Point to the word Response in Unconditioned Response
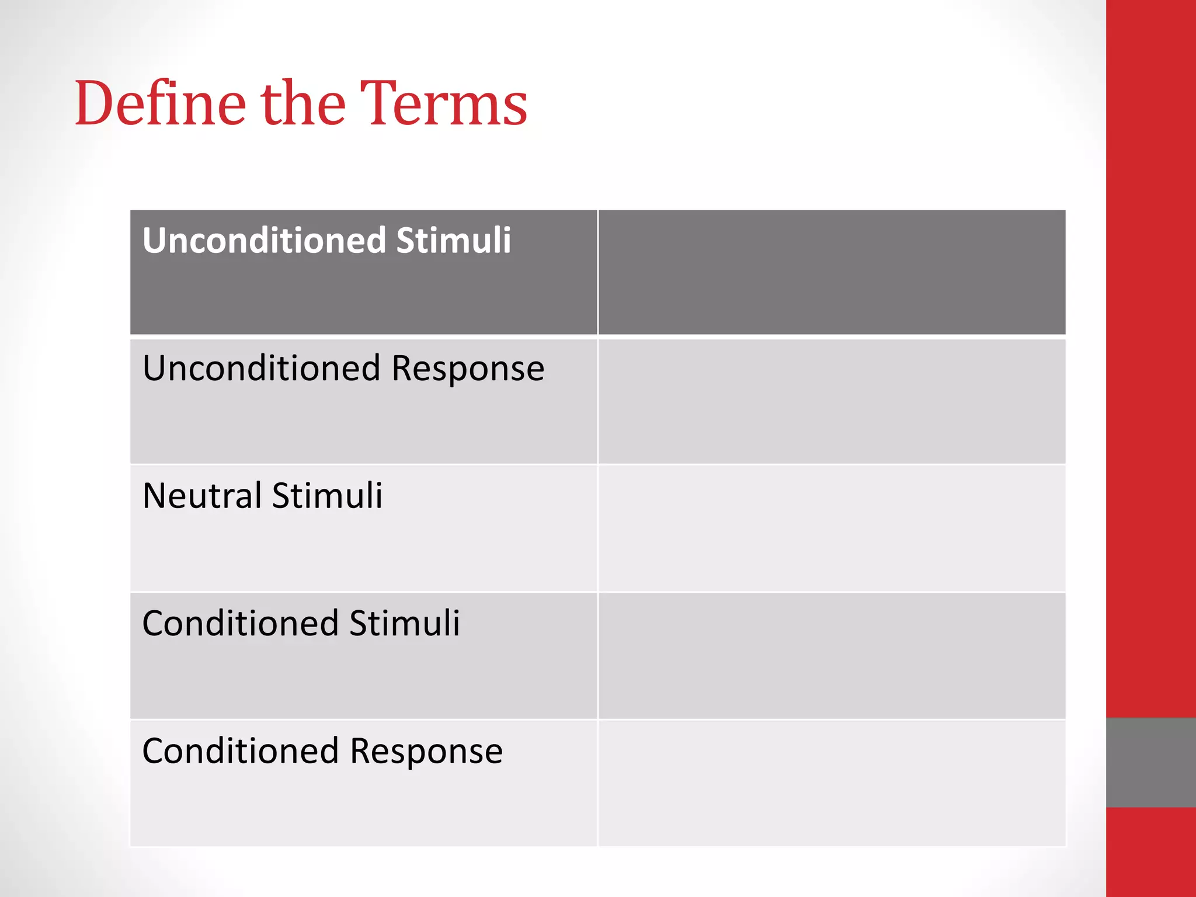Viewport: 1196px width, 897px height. coord(468,368)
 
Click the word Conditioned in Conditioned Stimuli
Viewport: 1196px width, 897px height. coord(241,623)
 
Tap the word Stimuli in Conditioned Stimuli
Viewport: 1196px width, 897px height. coord(405,623)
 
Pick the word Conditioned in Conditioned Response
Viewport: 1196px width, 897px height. coord(241,751)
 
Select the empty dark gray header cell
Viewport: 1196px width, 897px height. coord(832,272)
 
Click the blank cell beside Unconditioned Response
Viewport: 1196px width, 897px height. coord(832,402)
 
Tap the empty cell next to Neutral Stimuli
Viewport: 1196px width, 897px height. coord(832,529)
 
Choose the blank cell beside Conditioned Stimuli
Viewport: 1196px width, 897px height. coord(832,656)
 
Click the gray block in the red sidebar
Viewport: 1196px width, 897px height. coord(1150,762)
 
